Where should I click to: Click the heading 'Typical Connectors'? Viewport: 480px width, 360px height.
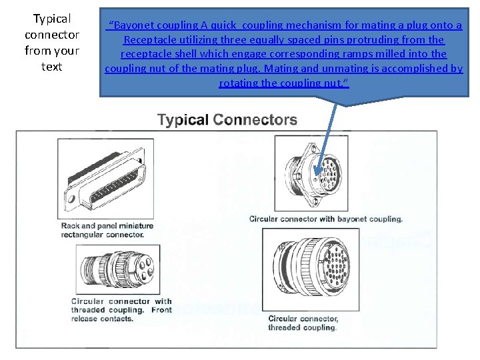click(227, 120)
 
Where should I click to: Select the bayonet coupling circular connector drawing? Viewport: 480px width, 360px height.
click(314, 174)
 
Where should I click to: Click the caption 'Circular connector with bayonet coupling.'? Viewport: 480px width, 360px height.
click(325, 219)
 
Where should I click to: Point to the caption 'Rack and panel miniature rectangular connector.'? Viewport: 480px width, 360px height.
click(107, 230)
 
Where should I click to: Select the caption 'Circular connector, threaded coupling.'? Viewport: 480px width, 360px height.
click(303, 323)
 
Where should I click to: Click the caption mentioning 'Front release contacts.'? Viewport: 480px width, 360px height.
click(121, 310)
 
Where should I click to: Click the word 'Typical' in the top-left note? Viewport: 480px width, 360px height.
click(51, 19)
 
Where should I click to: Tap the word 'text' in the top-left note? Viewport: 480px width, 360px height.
click(51, 67)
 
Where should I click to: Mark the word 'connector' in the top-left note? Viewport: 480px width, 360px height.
click(51, 35)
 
